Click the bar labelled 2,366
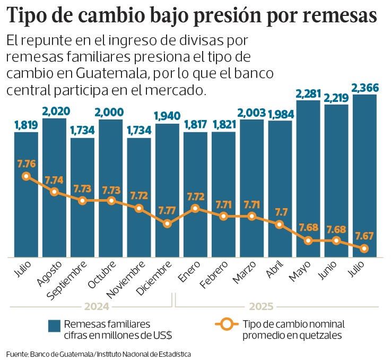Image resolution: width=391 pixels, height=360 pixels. (x=364, y=175)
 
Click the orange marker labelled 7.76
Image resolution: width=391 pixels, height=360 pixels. (x=26, y=176)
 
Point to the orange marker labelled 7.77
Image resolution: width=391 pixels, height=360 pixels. (x=167, y=224)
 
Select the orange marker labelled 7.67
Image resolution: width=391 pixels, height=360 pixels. (x=364, y=248)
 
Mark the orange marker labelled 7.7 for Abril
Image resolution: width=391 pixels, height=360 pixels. (x=280, y=225)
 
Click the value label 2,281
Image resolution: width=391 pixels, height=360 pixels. (x=308, y=94)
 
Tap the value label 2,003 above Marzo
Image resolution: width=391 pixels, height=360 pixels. (x=252, y=113)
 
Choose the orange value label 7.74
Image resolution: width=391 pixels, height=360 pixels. (x=54, y=180)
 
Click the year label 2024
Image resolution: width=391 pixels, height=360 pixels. (x=96, y=306)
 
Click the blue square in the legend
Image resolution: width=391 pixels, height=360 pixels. (x=54, y=325)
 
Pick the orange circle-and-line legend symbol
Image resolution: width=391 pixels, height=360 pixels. (x=228, y=324)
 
